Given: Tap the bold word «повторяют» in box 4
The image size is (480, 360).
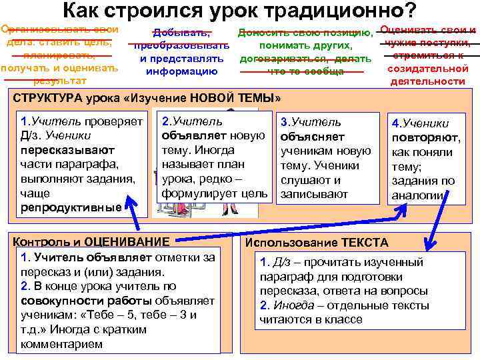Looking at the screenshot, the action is tap(425, 137).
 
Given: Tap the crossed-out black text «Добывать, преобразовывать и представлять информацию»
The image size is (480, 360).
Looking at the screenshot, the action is tap(181, 51).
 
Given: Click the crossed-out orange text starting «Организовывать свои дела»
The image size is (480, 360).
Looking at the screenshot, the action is tap(59, 55).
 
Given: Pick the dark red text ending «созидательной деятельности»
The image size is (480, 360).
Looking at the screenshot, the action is tap(426, 56).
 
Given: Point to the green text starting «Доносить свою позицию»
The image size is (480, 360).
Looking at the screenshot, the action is tap(305, 52).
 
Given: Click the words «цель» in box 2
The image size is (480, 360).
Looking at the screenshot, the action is tap(257, 193).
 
